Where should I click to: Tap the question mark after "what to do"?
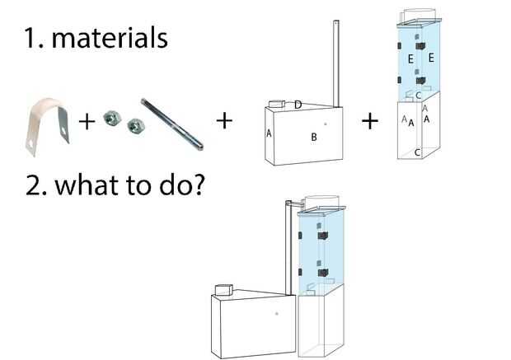point(195,185)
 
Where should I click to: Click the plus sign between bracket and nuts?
point(85,123)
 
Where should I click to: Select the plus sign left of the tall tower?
point(370,121)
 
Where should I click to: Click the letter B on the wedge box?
point(314,138)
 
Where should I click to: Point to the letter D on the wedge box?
point(298,103)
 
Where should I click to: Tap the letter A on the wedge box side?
point(270,133)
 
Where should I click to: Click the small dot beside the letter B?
point(326,124)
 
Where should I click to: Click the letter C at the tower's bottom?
point(418,152)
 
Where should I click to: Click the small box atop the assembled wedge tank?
point(222,290)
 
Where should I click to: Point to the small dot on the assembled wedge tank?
point(276,314)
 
